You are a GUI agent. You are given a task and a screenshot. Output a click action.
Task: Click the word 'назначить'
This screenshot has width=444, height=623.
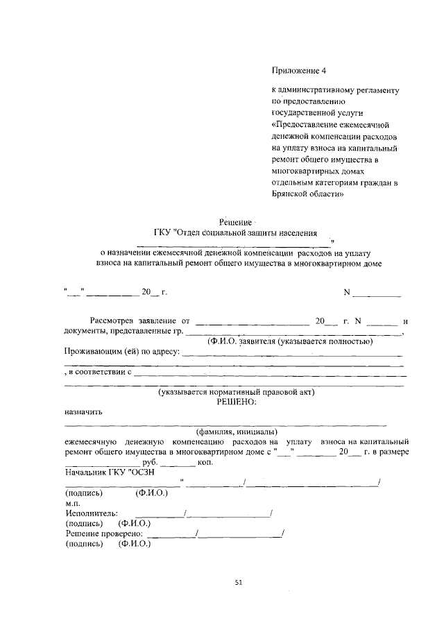[x=83, y=411]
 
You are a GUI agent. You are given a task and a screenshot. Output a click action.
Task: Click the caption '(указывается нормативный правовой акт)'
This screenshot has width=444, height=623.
[x=237, y=392]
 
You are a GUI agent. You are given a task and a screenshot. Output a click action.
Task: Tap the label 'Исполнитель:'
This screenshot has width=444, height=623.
[x=89, y=513]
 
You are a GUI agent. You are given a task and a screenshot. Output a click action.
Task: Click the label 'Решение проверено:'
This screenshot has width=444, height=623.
[x=104, y=534]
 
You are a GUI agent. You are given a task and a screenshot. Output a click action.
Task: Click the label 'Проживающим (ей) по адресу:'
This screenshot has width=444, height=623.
[x=122, y=352]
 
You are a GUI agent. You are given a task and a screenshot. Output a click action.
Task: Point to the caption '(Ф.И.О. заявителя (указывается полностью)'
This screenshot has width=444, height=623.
[x=291, y=342]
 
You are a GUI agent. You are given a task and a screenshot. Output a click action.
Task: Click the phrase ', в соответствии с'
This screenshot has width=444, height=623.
[x=98, y=372]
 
